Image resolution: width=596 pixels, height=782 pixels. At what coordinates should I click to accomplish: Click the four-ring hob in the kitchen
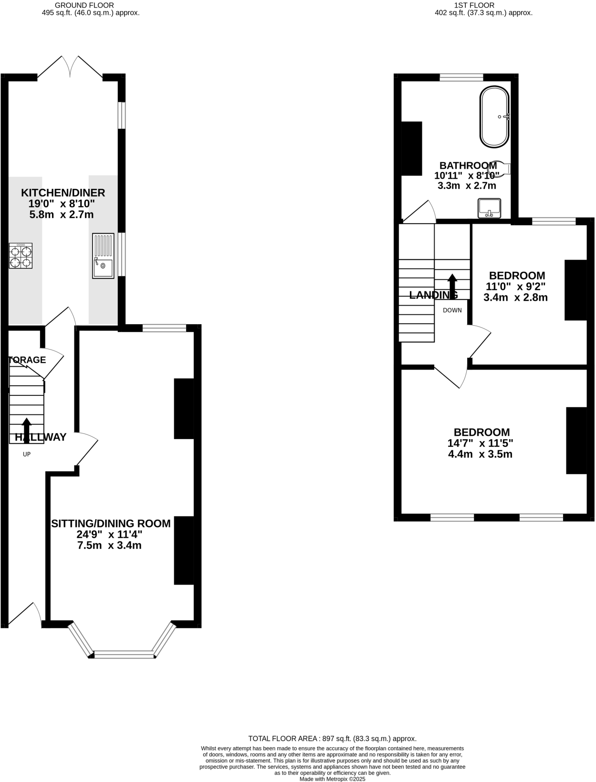point(21,256)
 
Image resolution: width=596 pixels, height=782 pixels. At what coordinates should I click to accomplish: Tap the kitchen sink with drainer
point(103,256)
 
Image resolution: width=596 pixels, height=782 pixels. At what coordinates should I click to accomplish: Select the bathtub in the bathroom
point(494,117)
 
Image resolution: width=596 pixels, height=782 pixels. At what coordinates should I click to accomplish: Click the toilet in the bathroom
point(500,168)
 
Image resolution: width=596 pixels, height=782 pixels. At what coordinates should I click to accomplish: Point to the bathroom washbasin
point(489,208)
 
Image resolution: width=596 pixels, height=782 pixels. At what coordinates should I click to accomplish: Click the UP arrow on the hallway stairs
point(27,430)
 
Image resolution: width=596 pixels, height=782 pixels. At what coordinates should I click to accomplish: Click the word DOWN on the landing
point(452,310)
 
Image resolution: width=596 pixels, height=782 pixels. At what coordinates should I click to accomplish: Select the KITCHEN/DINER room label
point(63,193)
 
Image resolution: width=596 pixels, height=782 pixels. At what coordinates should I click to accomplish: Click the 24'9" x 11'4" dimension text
point(109,535)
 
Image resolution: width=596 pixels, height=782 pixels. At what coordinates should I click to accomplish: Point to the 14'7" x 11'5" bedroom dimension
point(480,443)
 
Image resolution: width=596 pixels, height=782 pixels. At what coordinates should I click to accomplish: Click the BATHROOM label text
point(468,165)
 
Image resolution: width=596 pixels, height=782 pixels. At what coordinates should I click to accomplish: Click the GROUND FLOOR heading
point(84,5)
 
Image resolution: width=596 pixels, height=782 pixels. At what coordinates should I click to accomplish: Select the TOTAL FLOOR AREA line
point(332,738)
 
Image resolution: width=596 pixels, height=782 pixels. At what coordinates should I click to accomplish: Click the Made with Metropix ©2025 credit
point(332,779)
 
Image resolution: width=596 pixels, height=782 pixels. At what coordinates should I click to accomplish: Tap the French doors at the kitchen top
point(70,67)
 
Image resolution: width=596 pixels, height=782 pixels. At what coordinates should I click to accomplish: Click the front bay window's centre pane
point(124,655)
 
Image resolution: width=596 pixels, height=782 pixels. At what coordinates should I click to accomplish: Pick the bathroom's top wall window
point(461,77)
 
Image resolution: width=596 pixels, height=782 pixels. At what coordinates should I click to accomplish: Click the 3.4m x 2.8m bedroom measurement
point(515,298)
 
